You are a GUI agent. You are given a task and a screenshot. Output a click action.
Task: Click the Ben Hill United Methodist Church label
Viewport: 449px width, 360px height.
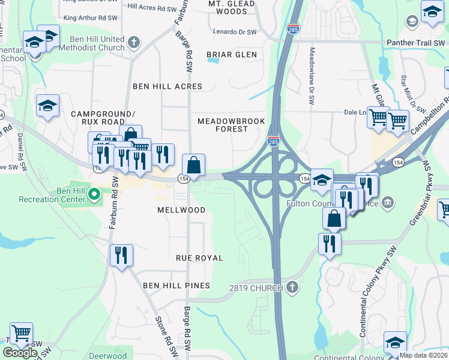95,44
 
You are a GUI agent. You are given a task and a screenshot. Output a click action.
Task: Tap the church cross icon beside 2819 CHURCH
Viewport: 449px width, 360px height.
292,287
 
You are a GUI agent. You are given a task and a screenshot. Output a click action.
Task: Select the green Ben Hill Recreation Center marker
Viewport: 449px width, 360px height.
94,194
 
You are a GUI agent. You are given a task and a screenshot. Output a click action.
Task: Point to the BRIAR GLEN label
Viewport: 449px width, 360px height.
232,55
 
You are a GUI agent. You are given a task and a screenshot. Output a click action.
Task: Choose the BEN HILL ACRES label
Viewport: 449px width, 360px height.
167,86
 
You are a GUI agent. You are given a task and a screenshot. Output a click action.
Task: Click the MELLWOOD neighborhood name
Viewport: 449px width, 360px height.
181,211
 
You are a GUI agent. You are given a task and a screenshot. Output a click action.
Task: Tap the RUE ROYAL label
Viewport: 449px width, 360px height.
199,258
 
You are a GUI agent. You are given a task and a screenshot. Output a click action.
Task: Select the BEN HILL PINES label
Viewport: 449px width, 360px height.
176,286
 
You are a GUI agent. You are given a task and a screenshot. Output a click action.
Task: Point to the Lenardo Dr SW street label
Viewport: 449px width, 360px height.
235,32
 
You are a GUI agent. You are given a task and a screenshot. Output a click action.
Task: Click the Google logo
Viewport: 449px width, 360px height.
20,352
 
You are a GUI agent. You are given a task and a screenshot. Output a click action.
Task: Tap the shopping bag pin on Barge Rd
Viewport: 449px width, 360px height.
194,165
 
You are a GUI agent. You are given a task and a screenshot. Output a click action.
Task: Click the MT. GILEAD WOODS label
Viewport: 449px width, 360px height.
232,7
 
